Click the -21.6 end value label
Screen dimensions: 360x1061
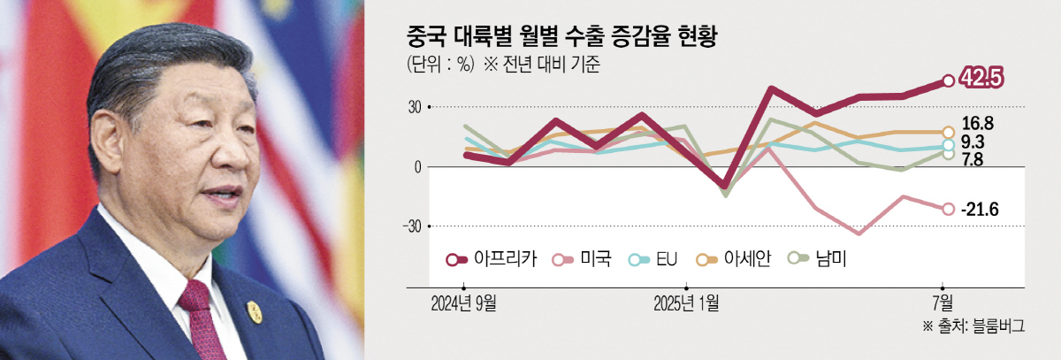979,209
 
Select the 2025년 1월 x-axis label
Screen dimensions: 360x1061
686,304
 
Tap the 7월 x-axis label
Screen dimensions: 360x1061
944,304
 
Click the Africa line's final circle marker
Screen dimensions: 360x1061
948,80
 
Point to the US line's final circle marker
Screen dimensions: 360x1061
948,209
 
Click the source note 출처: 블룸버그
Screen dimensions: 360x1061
973,326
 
